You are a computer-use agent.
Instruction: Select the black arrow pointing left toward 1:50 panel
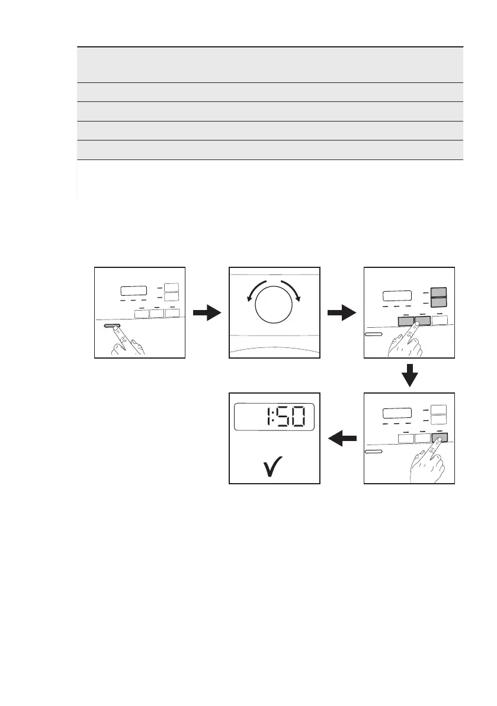[343, 439]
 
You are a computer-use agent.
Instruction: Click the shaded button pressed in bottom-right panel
[439, 438]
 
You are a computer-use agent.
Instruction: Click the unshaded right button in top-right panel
[439, 320]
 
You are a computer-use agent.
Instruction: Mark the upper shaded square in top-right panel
[438, 292]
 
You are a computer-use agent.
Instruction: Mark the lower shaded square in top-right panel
[438, 302]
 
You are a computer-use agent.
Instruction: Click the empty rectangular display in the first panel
[133, 291]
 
